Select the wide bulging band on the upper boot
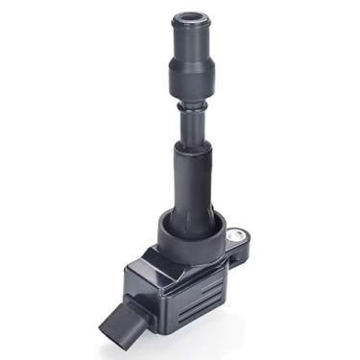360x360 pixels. pyautogui.click(x=190, y=72)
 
